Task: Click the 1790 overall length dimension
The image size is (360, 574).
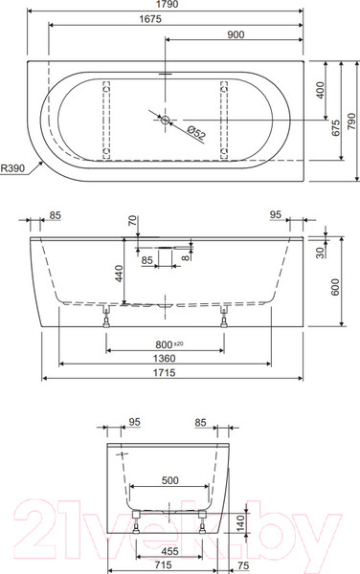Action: pyautogui.click(x=167, y=5)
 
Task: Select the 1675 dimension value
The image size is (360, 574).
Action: pyautogui.click(x=150, y=19)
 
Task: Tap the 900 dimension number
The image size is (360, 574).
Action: pyautogui.click(x=236, y=34)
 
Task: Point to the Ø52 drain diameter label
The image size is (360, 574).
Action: pyautogui.click(x=196, y=132)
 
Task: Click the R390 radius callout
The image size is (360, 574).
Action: pyautogui.click(x=12, y=168)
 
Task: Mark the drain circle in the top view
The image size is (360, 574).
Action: pyautogui.click(x=166, y=120)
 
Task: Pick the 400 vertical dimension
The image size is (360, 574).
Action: pyautogui.click(x=320, y=90)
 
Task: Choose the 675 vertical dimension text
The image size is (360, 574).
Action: pyautogui.click(x=336, y=128)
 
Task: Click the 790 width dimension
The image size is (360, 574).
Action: pyautogui.click(x=351, y=121)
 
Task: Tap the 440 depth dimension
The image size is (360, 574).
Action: pyautogui.click(x=120, y=274)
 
